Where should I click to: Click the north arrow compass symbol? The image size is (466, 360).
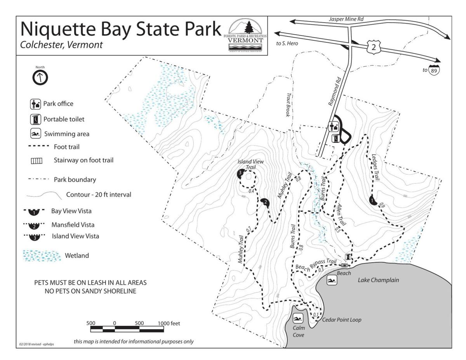40,77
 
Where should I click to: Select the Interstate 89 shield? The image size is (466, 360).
434,70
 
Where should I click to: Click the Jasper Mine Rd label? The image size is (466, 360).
346,19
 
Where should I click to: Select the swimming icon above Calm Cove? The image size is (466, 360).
297,319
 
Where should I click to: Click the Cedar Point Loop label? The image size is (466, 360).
342,320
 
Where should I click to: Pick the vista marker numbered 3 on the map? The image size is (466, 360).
240,173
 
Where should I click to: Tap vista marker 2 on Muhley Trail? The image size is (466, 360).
265,202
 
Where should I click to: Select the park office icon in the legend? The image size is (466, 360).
35,104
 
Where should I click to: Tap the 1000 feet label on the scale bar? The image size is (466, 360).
169,323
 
